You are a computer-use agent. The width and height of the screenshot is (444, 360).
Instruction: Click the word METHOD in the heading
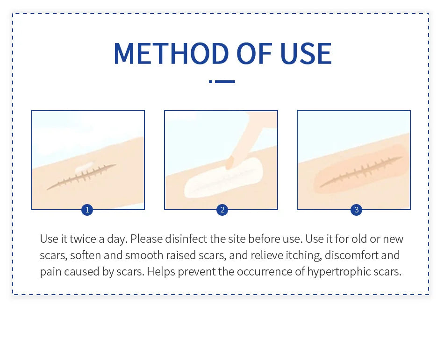171,54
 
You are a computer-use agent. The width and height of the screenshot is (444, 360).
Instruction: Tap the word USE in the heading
306,54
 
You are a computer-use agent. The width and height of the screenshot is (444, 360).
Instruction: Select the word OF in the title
254,54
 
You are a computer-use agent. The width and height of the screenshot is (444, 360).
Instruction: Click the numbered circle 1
87,210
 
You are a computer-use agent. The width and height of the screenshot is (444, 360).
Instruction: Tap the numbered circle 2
222,210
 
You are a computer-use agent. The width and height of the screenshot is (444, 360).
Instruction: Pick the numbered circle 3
356,210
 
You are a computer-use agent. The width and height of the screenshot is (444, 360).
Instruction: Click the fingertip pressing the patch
229,163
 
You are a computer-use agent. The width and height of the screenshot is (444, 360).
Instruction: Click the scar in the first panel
81,176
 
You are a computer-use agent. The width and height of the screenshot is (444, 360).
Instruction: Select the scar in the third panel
361,171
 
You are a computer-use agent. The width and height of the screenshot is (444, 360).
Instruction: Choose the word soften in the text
86,255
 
